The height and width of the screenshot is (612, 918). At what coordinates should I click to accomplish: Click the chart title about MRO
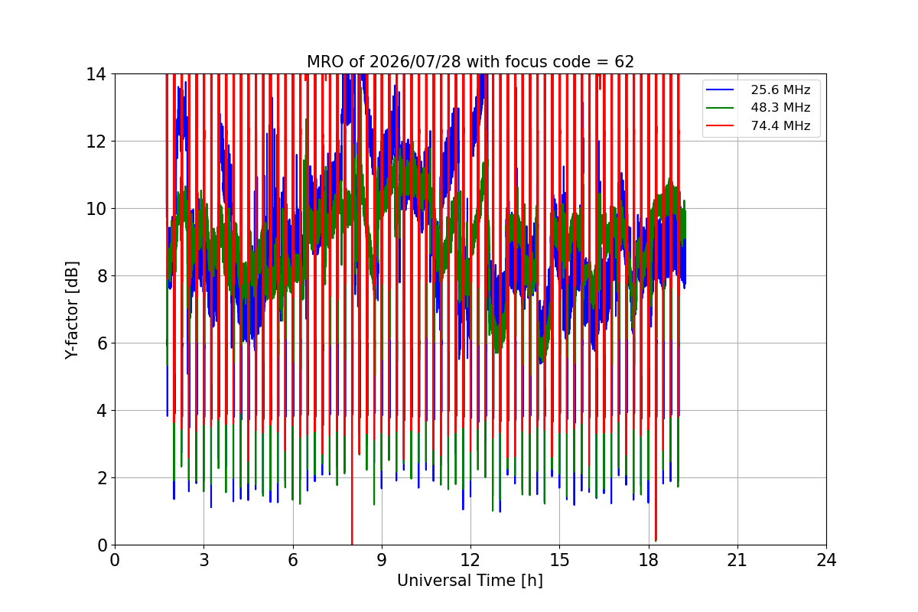coord(470,62)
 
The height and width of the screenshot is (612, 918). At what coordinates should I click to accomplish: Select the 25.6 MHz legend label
coord(780,90)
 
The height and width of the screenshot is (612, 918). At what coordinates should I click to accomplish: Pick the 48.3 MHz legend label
coord(780,107)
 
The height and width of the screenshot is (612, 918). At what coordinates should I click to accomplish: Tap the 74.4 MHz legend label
coord(780,125)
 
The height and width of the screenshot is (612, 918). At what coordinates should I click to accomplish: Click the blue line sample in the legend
coord(720,90)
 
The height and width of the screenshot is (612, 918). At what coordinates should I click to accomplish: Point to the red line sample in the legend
coord(720,125)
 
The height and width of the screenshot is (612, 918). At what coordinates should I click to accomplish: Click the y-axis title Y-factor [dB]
coord(72,311)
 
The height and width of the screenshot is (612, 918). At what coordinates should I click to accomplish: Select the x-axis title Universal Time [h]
coord(470,581)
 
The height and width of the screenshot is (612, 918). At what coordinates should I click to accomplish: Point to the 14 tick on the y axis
coord(96,75)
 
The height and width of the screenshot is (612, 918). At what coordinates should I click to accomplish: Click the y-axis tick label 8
coord(102,276)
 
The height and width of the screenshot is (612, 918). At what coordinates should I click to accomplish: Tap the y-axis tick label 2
coord(102,478)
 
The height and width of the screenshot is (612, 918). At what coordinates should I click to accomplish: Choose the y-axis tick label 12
coord(96,142)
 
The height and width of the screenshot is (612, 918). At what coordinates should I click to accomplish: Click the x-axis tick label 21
coord(737,560)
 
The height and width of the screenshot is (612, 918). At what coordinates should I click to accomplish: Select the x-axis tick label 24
coord(826,560)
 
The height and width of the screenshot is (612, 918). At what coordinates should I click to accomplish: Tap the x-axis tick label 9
coord(382,560)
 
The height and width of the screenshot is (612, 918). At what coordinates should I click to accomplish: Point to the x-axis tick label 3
coord(204,560)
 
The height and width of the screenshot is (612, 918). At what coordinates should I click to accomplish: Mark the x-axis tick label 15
coord(559,560)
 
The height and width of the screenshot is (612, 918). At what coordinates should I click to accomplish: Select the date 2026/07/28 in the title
coord(415,62)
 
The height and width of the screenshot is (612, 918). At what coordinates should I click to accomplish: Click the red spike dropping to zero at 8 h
coord(352,492)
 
